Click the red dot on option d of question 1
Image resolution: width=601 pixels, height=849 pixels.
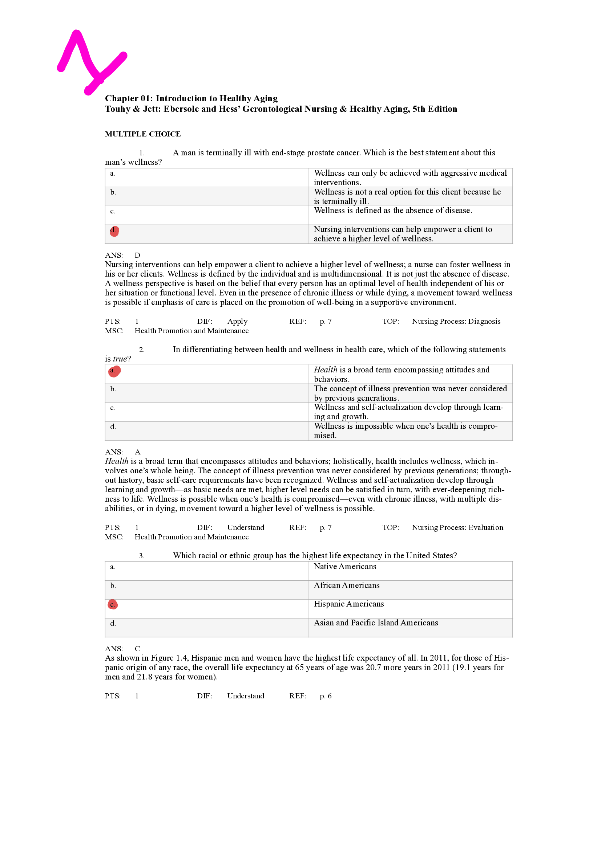click(x=114, y=231)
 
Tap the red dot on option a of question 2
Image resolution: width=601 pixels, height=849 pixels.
click(x=114, y=371)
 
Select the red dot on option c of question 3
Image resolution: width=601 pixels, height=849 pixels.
click(x=113, y=605)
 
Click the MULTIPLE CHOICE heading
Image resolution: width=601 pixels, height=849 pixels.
click(x=142, y=134)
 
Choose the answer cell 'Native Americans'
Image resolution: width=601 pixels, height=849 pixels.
click(x=344, y=567)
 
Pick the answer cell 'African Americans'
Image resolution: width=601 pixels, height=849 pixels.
click(x=346, y=585)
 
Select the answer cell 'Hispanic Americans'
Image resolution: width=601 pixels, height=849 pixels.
click(x=348, y=604)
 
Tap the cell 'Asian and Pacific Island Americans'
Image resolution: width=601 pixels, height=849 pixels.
click(x=376, y=623)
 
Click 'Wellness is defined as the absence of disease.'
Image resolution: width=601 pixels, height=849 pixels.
click(x=393, y=211)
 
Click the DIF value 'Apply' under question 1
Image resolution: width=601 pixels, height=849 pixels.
click(x=237, y=321)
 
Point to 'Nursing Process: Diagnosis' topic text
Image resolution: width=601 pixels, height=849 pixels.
click(x=456, y=321)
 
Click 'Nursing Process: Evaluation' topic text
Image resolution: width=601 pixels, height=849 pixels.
click(x=457, y=528)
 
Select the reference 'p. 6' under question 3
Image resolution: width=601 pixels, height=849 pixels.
click(x=325, y=696)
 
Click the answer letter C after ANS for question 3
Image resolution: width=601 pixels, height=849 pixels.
click(x=137, y=649)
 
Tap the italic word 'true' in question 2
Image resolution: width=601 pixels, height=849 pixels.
click(x=120, y=359)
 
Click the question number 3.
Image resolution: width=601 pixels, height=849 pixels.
click(x=141, y=556)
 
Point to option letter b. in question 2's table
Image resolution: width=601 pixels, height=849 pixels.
click(x=113, y=389)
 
